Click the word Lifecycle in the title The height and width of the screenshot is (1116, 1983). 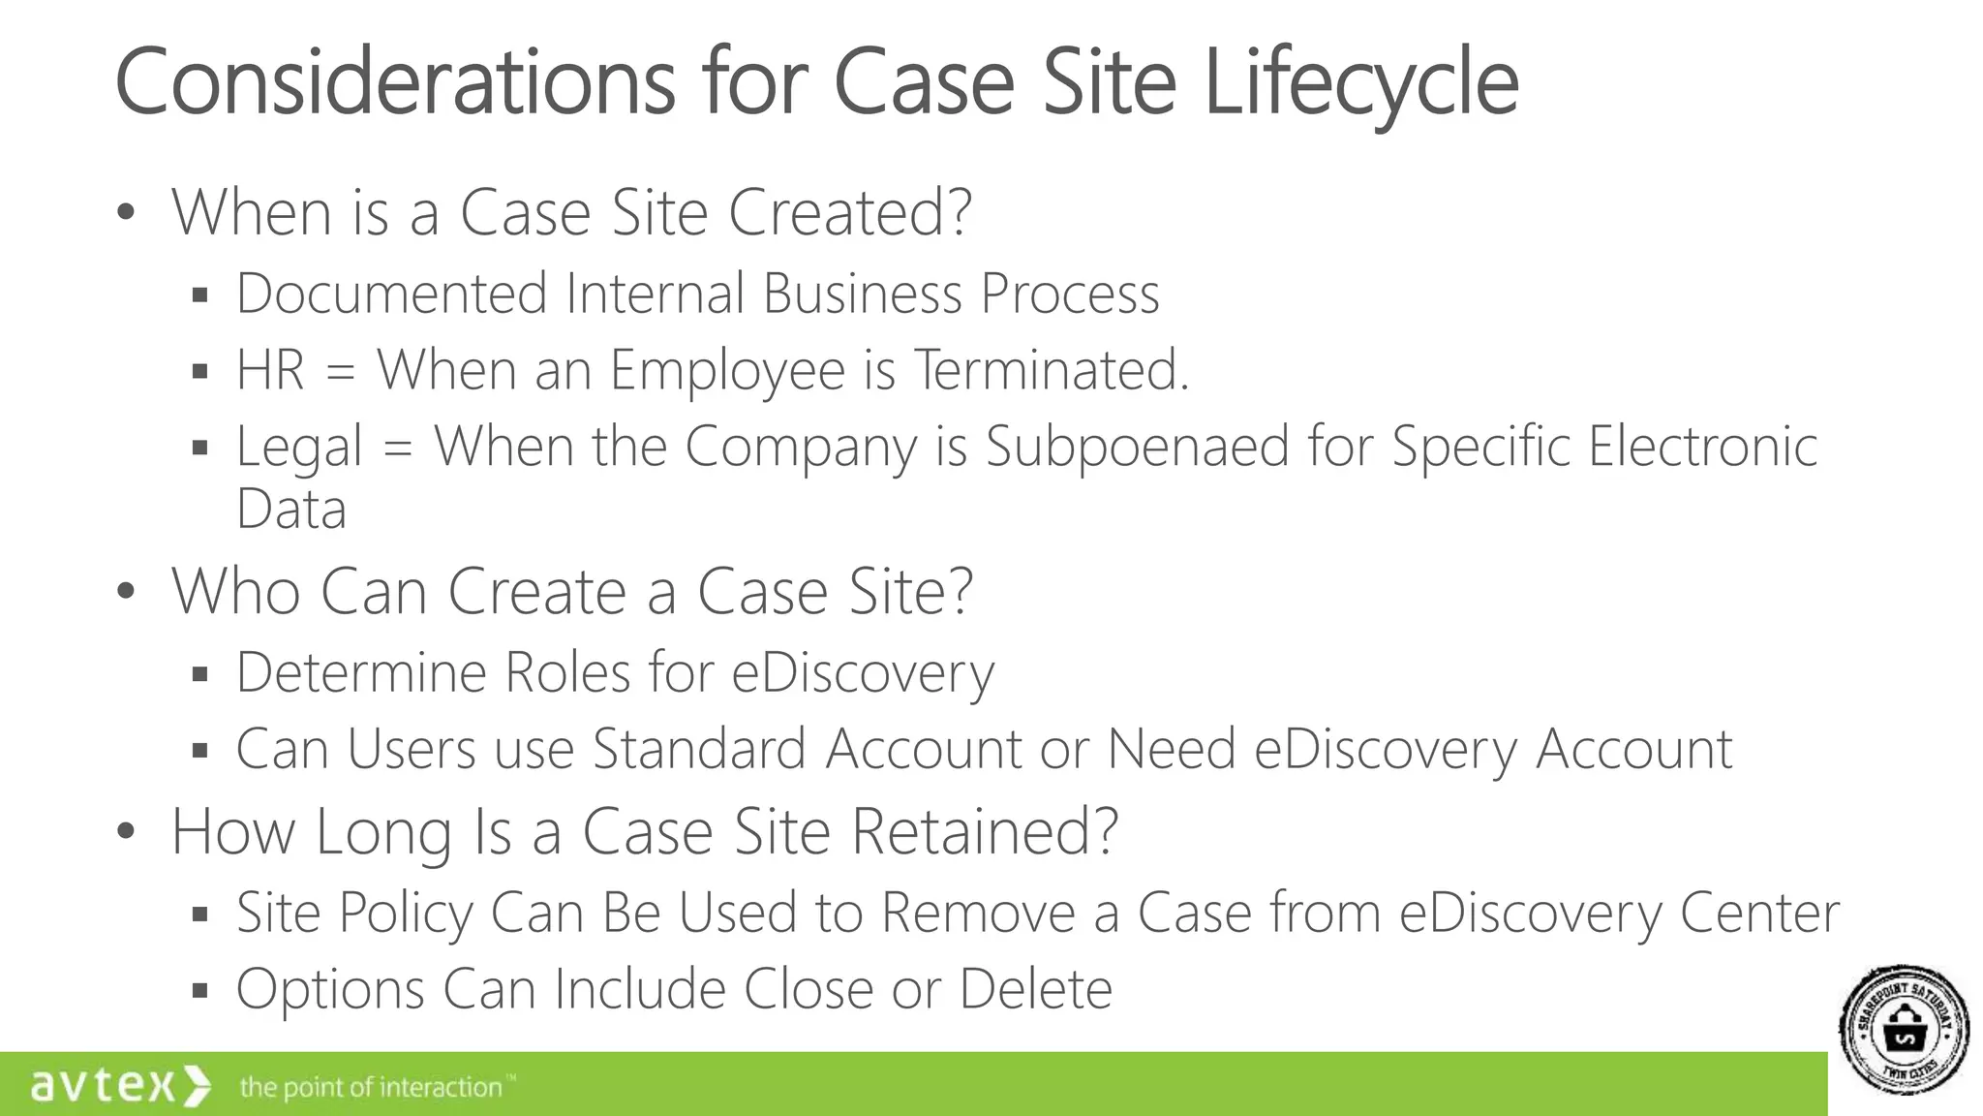click(1360, 82)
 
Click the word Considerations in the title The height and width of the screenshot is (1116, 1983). click(394, 82)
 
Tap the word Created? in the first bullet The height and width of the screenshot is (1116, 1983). click(849, 212)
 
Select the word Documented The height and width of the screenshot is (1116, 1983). click(391, 294)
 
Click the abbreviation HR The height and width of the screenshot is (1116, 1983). click(270, 370)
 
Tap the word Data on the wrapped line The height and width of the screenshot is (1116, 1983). click(290, 509)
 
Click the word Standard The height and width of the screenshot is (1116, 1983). click(699, 749)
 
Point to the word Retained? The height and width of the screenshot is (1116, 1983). click(984, 831)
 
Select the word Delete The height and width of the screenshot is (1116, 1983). click(1035, 989)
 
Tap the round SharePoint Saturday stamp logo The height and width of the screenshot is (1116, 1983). click(1904, 1030)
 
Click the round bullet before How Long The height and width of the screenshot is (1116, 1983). click(125, 831)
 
